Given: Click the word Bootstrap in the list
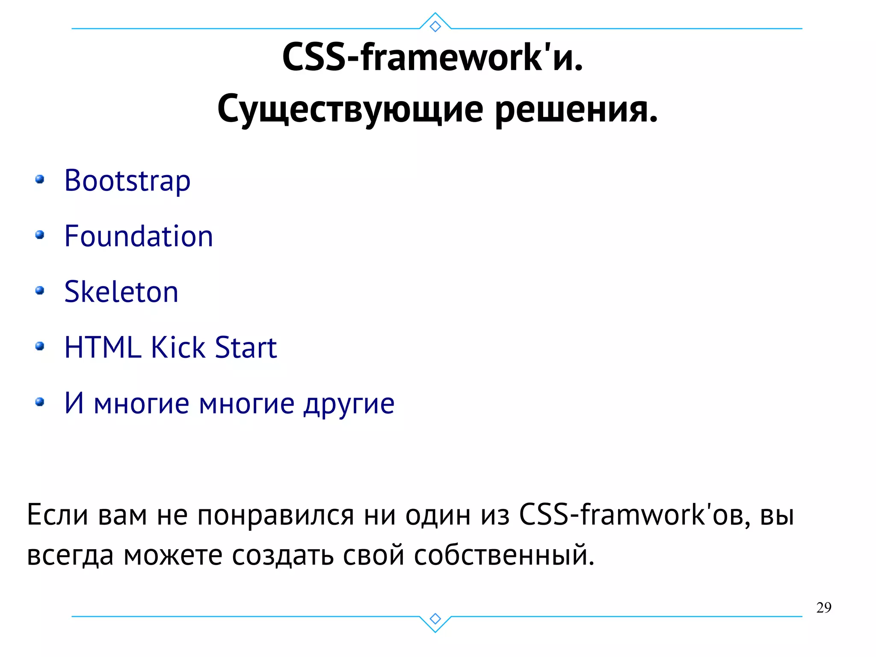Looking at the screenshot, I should [x=127, y=181].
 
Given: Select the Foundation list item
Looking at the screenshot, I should [x=138, y=236].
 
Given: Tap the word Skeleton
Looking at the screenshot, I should [x=121, y=292].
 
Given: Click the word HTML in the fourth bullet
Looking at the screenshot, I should [x=103, y=347].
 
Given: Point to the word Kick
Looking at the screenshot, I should [x=178, y=347].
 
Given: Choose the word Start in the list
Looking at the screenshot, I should [x=246, y=347].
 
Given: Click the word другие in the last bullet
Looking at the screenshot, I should [x=349, y=403].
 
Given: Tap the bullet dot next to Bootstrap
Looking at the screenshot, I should [x=40, y=179].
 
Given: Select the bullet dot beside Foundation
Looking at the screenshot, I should [x=40, y=235].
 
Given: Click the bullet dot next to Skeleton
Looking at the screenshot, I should [x=40, y=291].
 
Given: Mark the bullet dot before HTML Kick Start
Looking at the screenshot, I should [x=40, y=346].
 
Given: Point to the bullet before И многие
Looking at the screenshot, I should [x=40, y=401].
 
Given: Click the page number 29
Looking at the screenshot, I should [x=823, y=608].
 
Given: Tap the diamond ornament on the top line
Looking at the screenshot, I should [x=435, y=27].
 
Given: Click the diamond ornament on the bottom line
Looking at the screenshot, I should [x=435, y=618].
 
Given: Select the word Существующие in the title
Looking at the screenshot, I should [x=350, y=109].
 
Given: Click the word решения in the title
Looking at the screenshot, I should [x=576, y=109].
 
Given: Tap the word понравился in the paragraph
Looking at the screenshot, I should [x=275, y=514].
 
